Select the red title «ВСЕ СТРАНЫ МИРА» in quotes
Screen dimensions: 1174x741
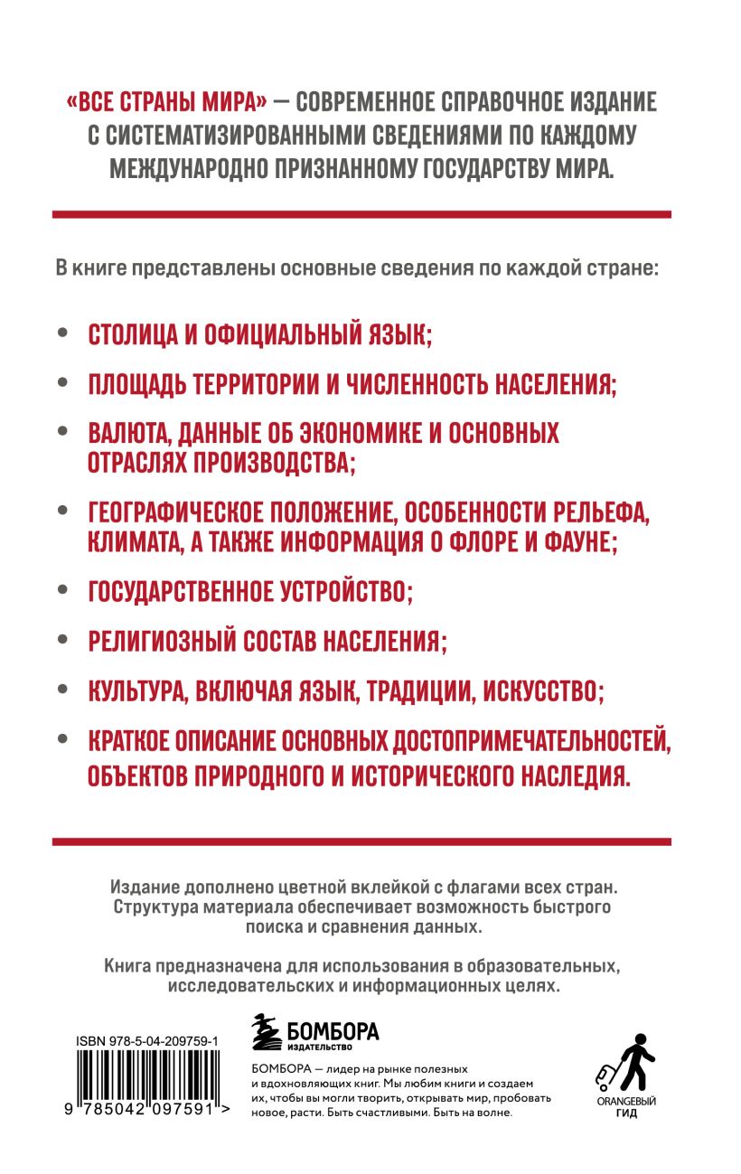point(164,102)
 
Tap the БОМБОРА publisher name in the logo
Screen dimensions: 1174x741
point(332,1031)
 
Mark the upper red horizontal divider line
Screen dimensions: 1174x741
point(361,214)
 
